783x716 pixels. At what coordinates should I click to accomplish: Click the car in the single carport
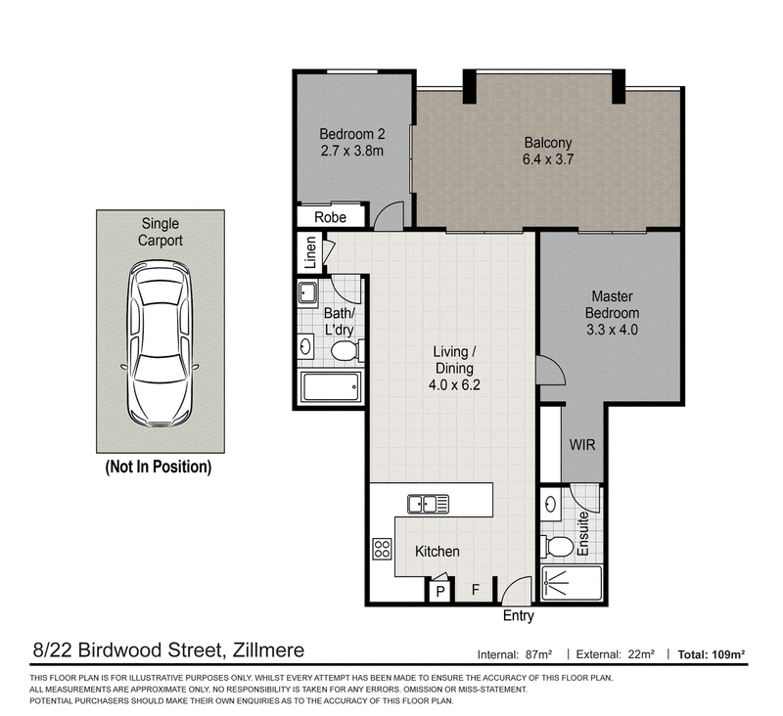point(160,343)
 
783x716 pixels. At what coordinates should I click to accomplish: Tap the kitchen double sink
point(428,504)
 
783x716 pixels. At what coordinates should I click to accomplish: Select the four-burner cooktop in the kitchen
point(383,549)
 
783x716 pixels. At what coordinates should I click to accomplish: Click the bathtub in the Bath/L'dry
point(330,387)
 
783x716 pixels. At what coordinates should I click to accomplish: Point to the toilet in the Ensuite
point(557,546)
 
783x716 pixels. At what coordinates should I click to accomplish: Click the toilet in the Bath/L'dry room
point(345,350)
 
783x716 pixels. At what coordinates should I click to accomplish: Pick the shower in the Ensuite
point(572,583)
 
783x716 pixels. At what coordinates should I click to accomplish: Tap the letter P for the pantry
point(440,592)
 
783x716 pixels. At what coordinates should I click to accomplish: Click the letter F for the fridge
point(476,590)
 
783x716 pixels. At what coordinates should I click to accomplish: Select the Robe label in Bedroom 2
point(330,217)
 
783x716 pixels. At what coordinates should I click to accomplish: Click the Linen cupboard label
point(310,252)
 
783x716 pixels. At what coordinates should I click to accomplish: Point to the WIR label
point(582,445)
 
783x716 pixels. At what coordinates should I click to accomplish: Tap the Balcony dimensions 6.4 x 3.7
point(548,159)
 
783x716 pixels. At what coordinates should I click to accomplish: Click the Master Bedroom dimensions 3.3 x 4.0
point(613,330)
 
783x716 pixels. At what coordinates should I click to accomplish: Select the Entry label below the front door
point(519,616)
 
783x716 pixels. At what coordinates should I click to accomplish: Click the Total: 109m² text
point(712,654)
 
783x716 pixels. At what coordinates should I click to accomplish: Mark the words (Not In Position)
point(159,467)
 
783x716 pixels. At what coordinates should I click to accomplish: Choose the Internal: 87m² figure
point(515,654)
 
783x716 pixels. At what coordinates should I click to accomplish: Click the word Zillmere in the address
point(268,650)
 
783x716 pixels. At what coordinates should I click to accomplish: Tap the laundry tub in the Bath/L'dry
point(308,292)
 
